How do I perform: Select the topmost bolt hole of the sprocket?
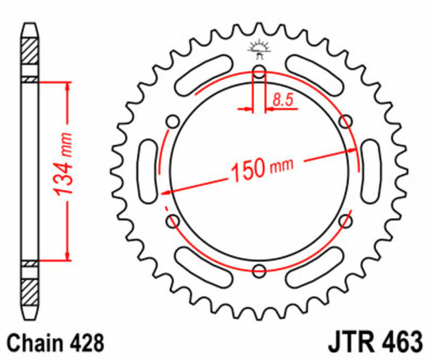click(258, 71)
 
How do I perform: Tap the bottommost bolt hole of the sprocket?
click(258, 271)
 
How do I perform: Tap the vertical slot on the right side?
click(373, 171)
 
